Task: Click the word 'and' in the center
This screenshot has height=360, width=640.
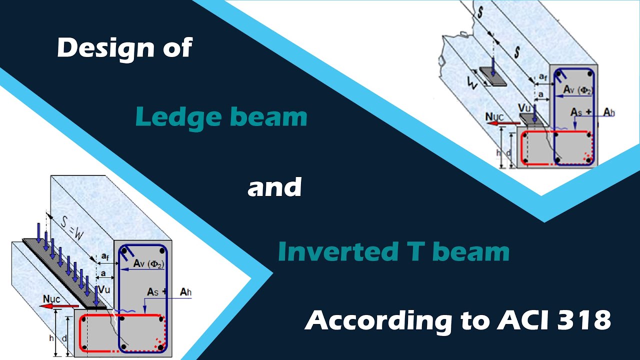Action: (x=274, y=187)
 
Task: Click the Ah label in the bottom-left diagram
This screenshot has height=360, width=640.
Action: (x=185, y=292)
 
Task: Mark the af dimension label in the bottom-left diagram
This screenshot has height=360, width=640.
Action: (x=105, y=256)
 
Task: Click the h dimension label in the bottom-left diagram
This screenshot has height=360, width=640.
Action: (x=51, y=337)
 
